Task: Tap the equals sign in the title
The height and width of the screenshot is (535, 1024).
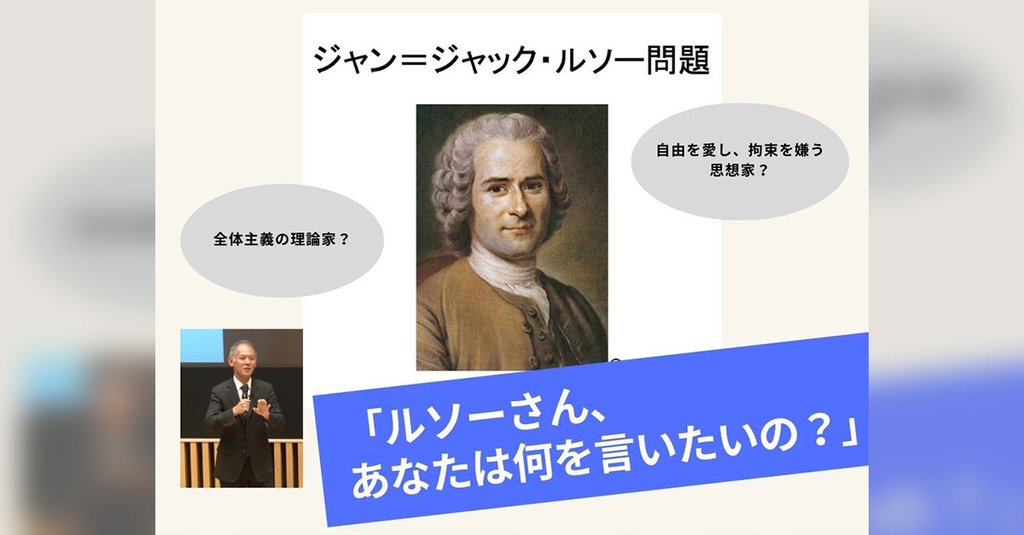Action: click(x=417, y=61)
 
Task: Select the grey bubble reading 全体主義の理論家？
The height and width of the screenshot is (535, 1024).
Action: click(x=282, y=241)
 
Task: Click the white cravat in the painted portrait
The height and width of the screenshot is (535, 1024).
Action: click(x=508, y=275)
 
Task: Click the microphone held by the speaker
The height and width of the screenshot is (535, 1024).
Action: click(x=246, y=393)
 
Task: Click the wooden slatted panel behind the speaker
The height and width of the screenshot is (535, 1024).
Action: click(x=196, y=462)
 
